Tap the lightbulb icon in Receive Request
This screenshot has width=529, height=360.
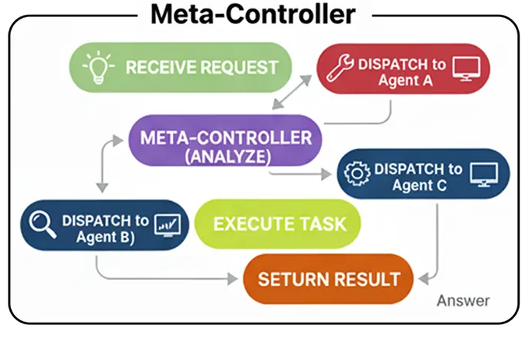[x=99, y=66]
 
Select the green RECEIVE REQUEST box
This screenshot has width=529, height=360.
[x=180, y=66]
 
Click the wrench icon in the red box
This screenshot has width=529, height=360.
[x=339, y=69]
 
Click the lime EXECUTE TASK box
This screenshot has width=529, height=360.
[x=279, y=224]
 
